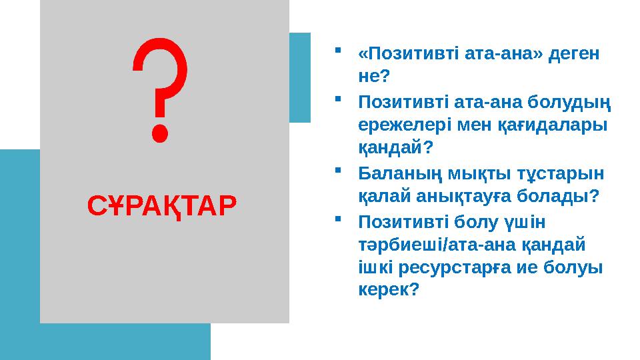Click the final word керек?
(389, 290)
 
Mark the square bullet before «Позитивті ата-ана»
(339, 50)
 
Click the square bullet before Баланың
(339, 171)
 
